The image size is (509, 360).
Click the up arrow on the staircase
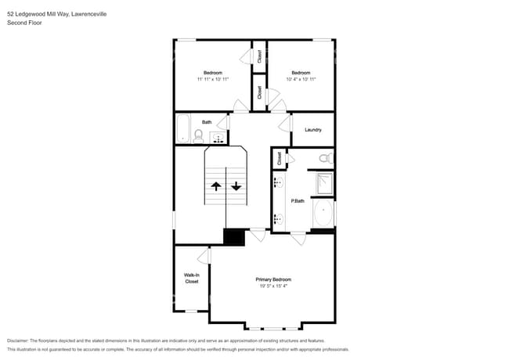click(x=216, y=186)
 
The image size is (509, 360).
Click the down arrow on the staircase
click(x=236, y=186)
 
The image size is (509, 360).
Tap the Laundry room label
click(x=312, y=130)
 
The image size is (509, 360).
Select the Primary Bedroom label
click(x=273, y=279)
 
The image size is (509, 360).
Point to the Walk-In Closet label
click(x=191, y=278)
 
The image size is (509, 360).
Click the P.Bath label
click(x=298, y=201)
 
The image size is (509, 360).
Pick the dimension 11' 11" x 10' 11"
click(x=212, y=79)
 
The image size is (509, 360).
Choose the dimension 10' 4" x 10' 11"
click(x=301, y=79)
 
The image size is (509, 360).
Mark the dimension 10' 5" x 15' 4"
click(x=273, y=286)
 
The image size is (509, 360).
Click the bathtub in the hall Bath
click(x=183, y=128)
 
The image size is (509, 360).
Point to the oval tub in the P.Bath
click(x=323, y=214)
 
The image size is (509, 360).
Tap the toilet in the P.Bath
click(x=327, y=159)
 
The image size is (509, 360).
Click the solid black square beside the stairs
click(x=234, y=237)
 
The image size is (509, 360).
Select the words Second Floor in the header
click(x=24, y=23)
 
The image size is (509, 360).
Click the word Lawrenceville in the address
click(x=106, y=13)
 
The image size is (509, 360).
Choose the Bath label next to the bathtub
click(x=207, y=122)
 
